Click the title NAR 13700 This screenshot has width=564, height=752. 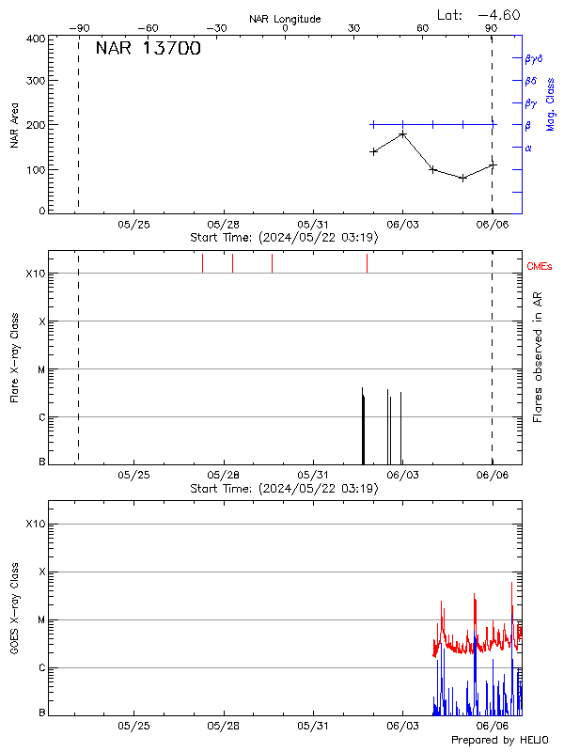tap(149, 49)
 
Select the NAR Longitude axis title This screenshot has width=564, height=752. tap(285, 19)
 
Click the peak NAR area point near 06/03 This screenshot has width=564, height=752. tap(402, 134)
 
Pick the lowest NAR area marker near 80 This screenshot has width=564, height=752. tap(462, 178)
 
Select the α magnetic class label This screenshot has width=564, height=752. tap(528, 148)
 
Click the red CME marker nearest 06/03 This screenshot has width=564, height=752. tap(367, 263)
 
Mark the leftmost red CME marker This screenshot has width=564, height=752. tap(202, 263)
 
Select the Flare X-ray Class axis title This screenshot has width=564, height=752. tap(14, 357)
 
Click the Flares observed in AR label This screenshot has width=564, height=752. tap(538, 357)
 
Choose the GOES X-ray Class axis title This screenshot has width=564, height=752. tap(14, 609)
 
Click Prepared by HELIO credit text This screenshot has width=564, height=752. tap(498, 741)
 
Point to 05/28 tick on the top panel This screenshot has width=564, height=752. tap(224, 225)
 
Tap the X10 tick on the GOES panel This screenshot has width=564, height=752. tap(35, 524)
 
